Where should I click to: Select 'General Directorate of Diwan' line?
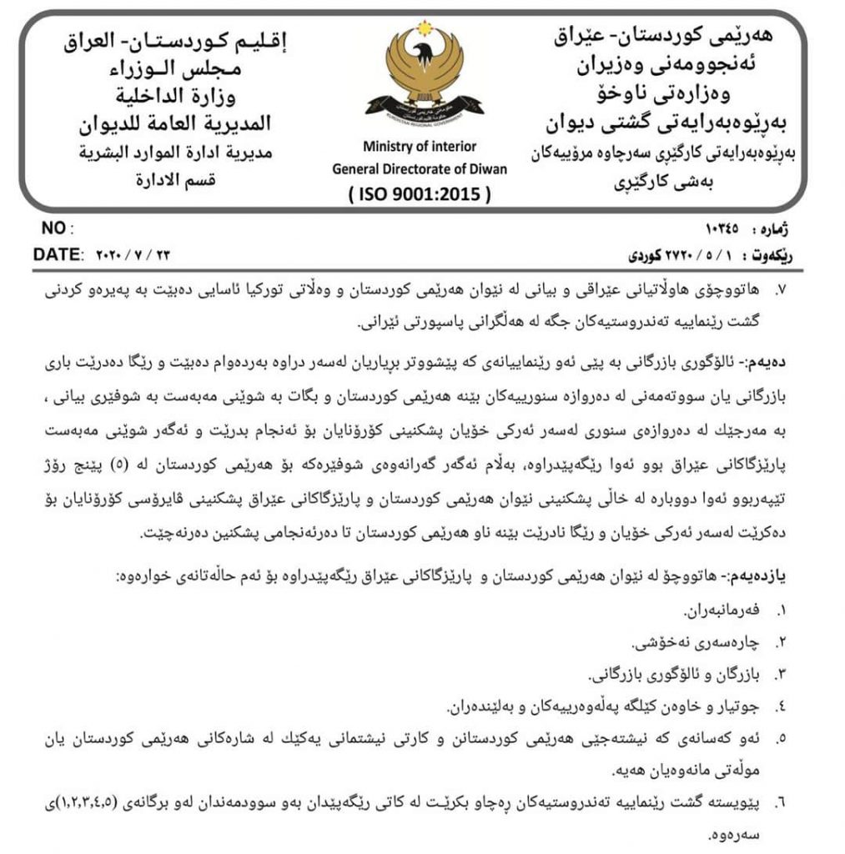(420, 168)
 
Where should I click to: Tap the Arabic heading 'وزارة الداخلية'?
(187, 96)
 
